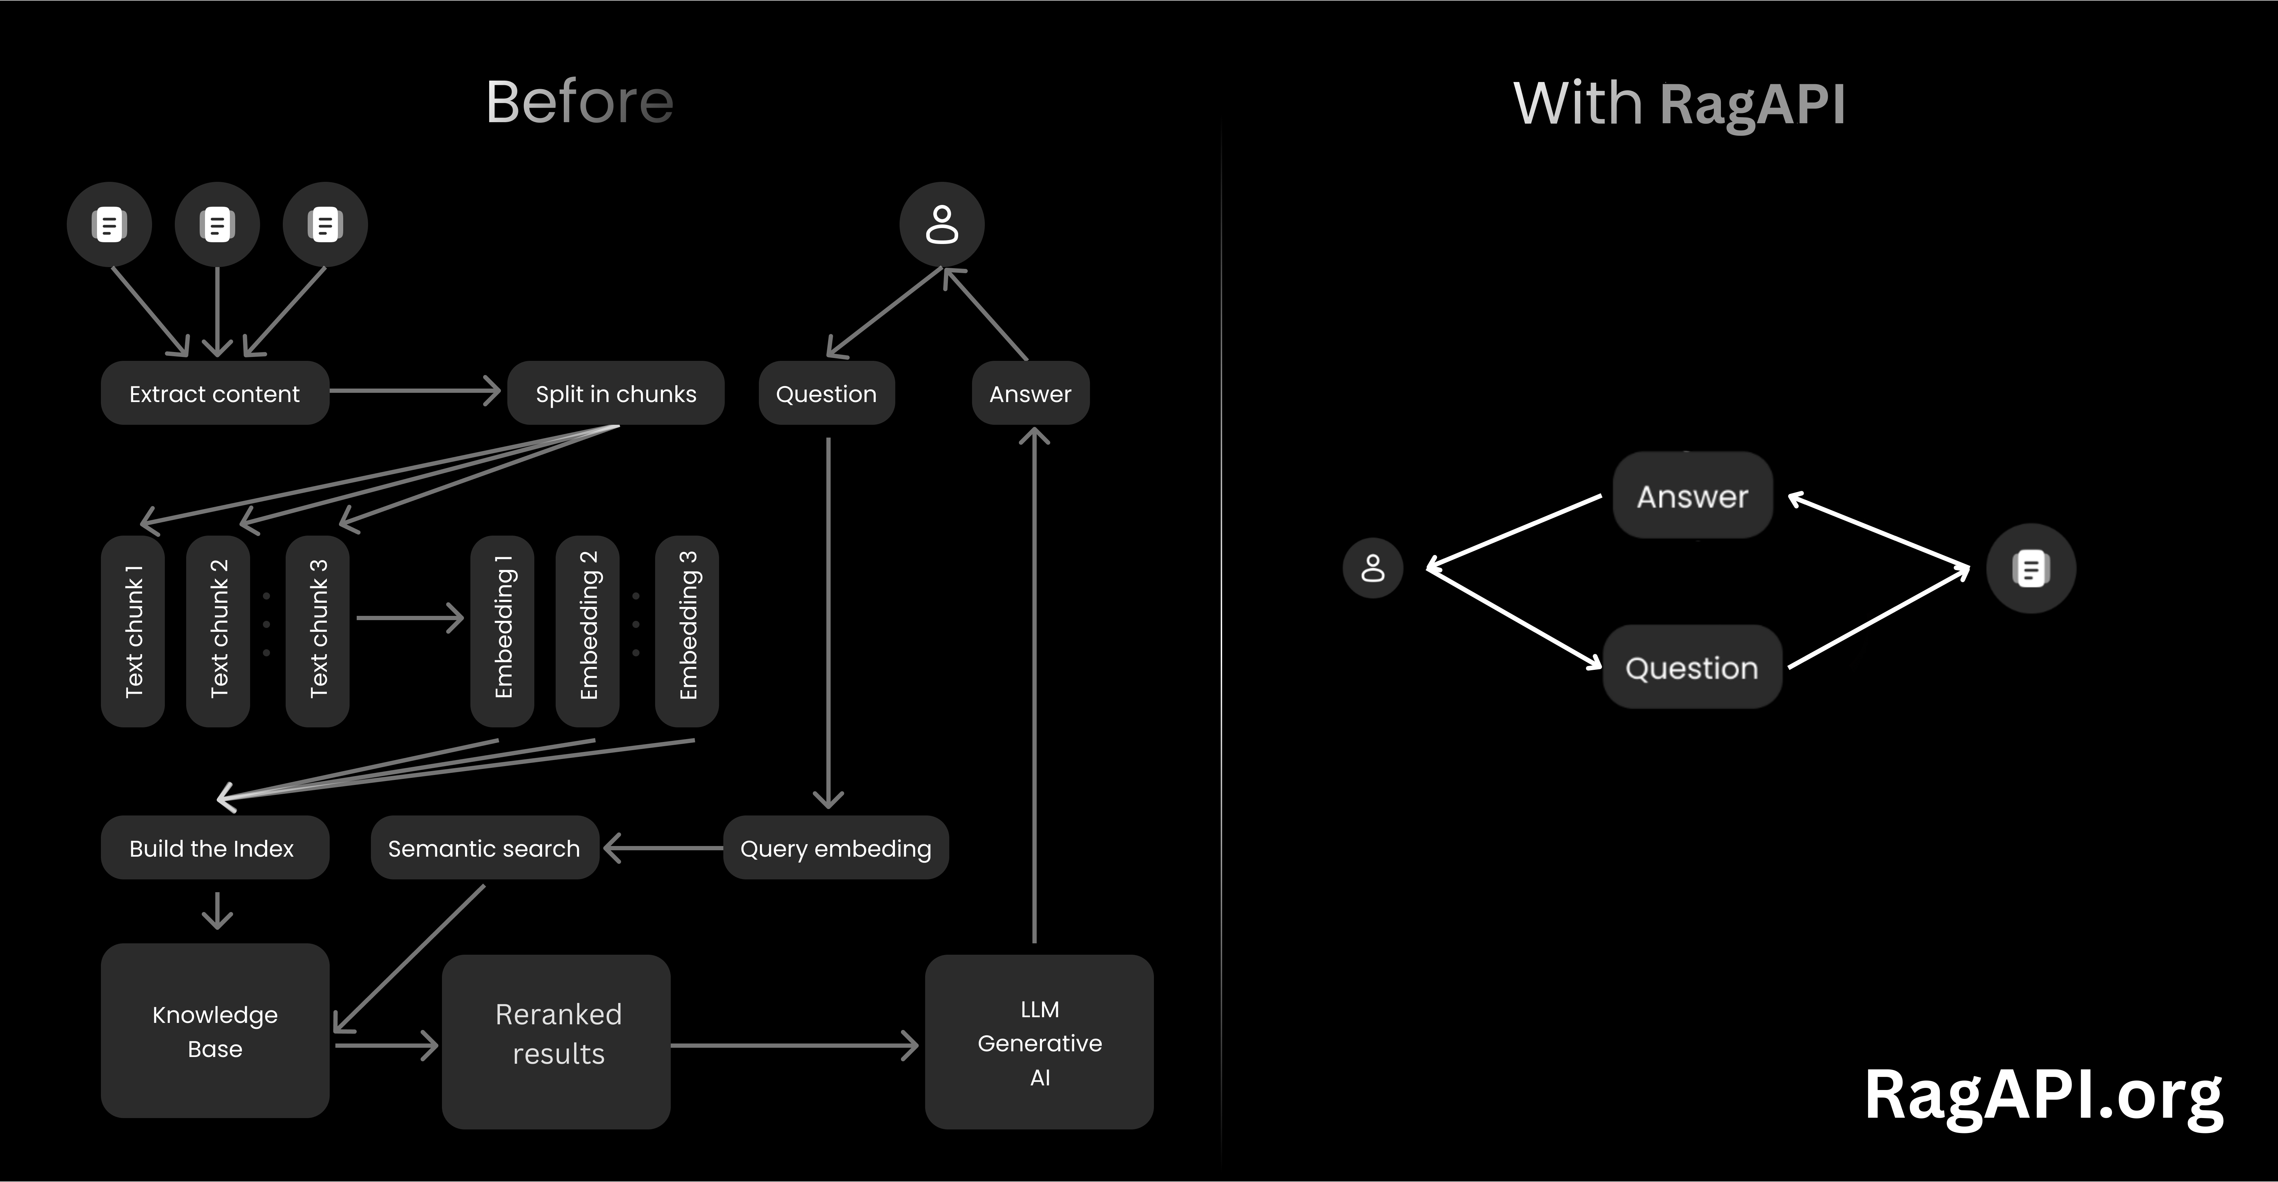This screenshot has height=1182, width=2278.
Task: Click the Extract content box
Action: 215,394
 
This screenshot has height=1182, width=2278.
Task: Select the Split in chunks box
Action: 615,394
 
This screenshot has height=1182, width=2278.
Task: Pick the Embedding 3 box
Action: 687,630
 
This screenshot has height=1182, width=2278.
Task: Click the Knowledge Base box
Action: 215,1031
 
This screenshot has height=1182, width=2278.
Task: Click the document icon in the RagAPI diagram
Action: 2030,569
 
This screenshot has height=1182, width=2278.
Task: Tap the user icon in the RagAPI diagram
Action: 1372,569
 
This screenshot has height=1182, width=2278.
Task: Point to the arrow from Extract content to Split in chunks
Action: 414,391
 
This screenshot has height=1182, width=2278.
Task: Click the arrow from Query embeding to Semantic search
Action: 663,848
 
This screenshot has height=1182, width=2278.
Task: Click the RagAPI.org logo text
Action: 2043,1096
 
